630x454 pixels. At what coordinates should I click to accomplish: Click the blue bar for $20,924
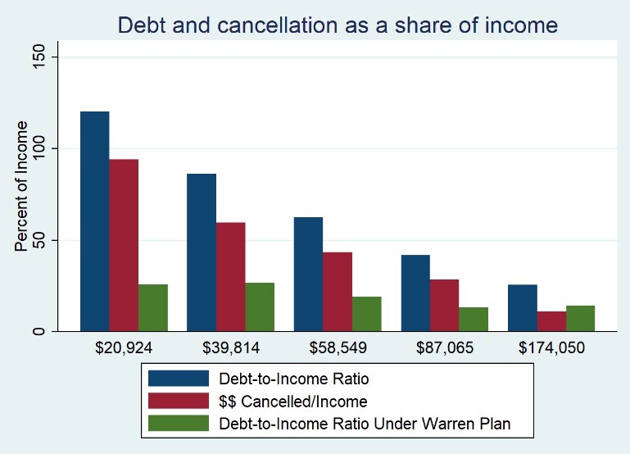94,221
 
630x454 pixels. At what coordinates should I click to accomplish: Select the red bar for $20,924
124,245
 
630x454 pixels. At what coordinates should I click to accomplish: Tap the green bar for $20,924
153,307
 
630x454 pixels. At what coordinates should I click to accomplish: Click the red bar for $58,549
338,292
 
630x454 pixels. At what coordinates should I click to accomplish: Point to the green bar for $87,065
474,319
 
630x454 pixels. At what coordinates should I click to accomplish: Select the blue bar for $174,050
522,307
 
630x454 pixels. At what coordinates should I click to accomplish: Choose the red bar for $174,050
551,321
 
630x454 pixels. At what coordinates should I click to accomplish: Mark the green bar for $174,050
580,318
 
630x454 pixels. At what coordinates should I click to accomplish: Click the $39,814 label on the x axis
231,348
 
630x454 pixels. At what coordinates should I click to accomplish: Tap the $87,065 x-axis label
444,348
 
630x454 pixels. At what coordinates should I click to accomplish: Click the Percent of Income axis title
22,186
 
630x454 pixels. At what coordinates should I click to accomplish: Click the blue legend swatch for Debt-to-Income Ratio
179,378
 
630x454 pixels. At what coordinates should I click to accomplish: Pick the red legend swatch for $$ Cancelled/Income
179,401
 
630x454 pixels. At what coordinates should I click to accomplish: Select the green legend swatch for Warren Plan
179,424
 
